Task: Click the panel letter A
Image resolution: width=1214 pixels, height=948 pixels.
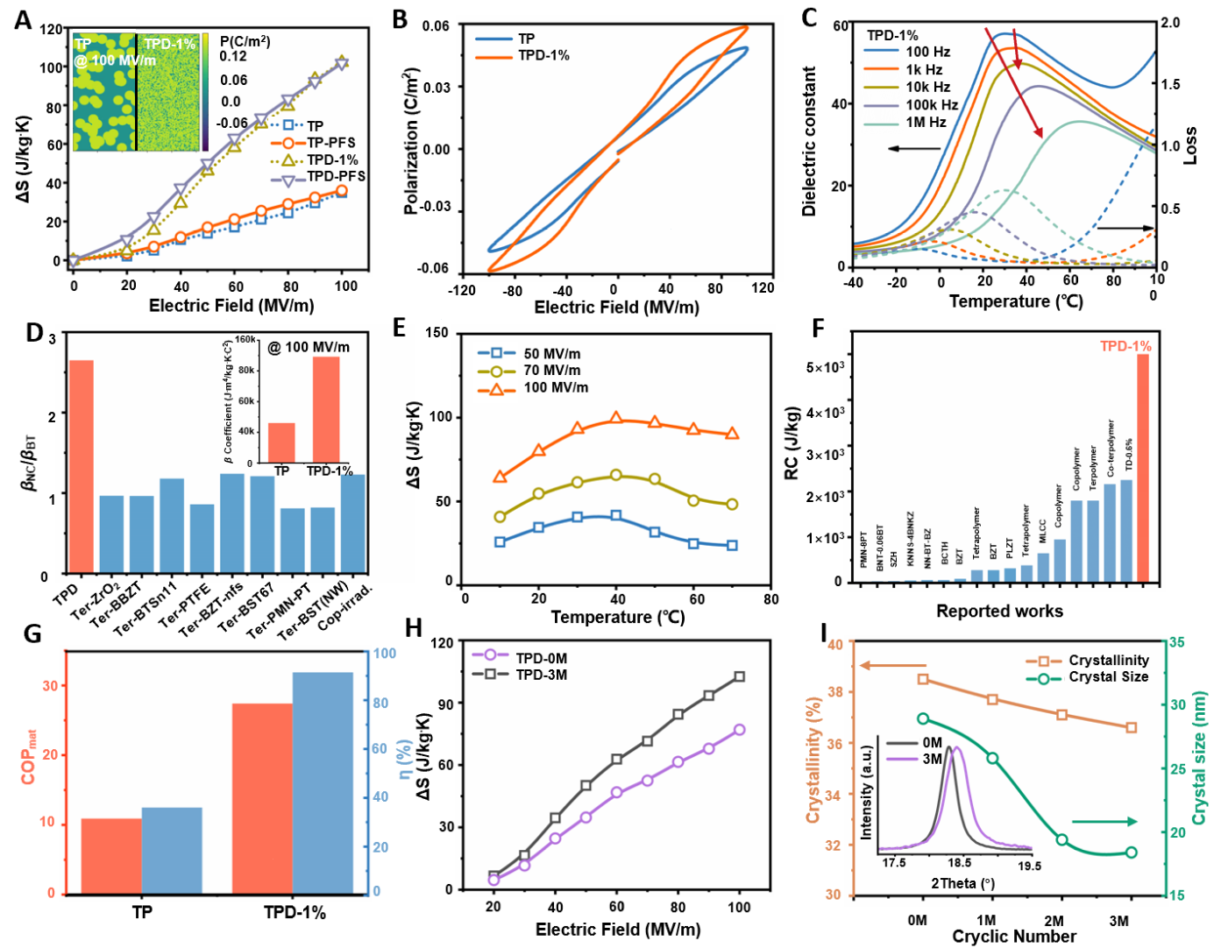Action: pos(23,19)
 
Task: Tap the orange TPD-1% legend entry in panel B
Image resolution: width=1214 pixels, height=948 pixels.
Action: pos(543,55)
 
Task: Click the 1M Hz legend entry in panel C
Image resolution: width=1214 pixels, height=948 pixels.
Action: pos(926,123)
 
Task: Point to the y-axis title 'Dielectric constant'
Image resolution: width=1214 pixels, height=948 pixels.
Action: pos(809,141)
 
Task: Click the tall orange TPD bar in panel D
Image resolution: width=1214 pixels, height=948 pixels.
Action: pos(82,465)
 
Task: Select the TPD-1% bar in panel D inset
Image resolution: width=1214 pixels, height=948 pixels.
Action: pos(326,409)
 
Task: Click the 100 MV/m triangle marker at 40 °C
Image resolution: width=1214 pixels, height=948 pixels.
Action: pos(616,418)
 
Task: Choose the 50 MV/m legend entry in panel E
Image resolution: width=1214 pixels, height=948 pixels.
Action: pos(551,354)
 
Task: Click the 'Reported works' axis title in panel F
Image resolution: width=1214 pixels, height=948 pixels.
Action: pos(999,612)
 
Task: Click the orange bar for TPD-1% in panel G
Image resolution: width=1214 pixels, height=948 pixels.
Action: pos(262,798)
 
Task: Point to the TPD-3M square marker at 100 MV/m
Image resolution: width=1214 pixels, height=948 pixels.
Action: pos(739,676)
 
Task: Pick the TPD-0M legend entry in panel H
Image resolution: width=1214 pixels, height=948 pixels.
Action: pos(540,658)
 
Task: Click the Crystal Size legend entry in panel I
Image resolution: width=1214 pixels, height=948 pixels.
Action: pos(1108,676)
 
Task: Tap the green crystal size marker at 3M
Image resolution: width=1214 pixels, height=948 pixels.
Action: pos(1131,852)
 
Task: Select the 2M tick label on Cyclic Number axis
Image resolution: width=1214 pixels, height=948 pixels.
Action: pos(1054,921)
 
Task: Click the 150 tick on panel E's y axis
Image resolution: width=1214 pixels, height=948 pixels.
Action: pos(437,333)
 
